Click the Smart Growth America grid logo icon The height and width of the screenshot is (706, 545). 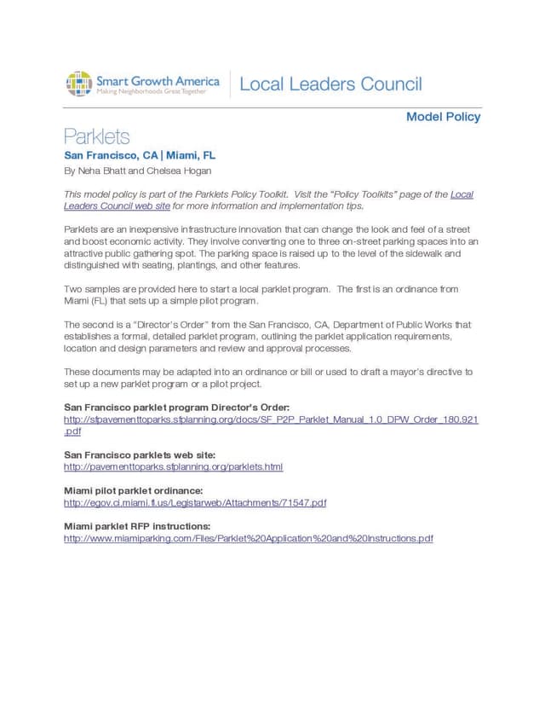[x=79, y=84]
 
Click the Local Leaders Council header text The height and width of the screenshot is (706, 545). [x=330, y=84]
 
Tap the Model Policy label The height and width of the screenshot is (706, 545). [x=443, y=117]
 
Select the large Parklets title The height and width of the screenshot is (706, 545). [x=97, y=136]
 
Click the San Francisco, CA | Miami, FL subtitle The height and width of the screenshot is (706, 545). [x=140, y=155]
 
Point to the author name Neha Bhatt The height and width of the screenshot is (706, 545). [x=98, y=171]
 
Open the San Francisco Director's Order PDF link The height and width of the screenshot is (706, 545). [x=271, y=420]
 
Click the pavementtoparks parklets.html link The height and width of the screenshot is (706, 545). [x=173, y=467]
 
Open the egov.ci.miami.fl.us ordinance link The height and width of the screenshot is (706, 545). [x=195, y=503]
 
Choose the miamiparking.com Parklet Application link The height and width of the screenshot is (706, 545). [x=249, y=538]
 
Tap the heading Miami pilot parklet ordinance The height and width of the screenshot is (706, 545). [x=133, y=491]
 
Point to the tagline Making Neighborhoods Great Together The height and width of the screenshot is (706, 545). [x=151, y=90]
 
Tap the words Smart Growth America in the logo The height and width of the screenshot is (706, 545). [x=158, y=80]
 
